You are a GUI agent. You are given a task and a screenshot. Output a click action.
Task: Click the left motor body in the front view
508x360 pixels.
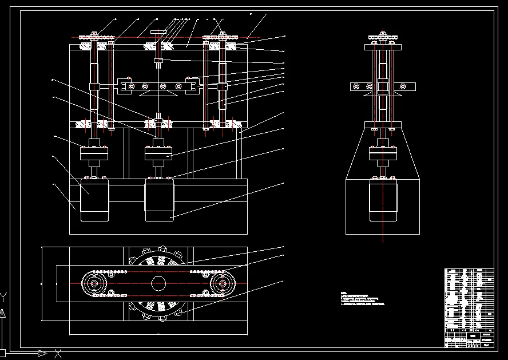(94, 200)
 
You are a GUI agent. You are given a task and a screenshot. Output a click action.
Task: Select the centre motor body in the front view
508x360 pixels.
(159, 200)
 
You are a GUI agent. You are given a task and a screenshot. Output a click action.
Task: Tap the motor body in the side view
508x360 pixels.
(383, 201)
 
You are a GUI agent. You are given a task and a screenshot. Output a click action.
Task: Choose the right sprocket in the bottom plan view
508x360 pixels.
(223, 283)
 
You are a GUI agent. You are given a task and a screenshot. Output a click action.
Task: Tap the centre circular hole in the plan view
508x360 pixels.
(158, 283)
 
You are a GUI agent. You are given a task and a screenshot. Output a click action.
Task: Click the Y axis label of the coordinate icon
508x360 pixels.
(3, 295)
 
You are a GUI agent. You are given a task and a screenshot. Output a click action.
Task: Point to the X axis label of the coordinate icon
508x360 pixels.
(57, 353)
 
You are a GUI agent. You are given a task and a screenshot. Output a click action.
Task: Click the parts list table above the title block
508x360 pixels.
(469, 298)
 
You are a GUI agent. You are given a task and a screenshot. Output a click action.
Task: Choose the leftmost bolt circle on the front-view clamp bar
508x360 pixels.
(132, 86)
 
